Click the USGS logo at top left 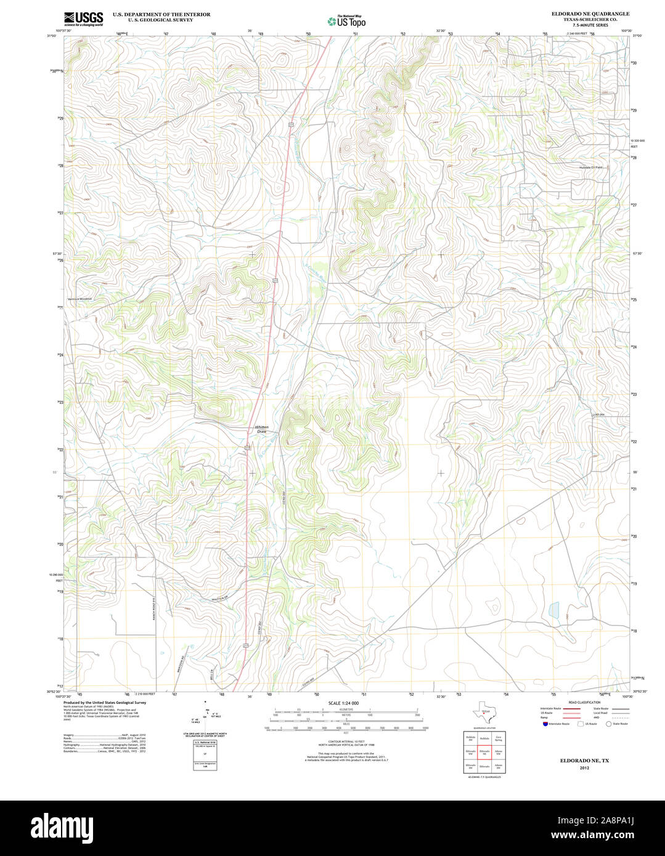tap(83, 18)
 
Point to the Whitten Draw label tap(262, 429)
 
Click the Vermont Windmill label tap(80, 299)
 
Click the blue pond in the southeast tap(554, 610)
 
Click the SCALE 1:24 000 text tap(343, 703)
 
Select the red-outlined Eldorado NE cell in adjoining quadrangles tap(484, 752)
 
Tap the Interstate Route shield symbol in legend tap(544, 724)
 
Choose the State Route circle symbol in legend tap(608, 724)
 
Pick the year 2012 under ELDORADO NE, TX tap(584, 769)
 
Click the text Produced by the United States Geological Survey tap(105, 702)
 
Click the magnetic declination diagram tap(205, 716)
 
